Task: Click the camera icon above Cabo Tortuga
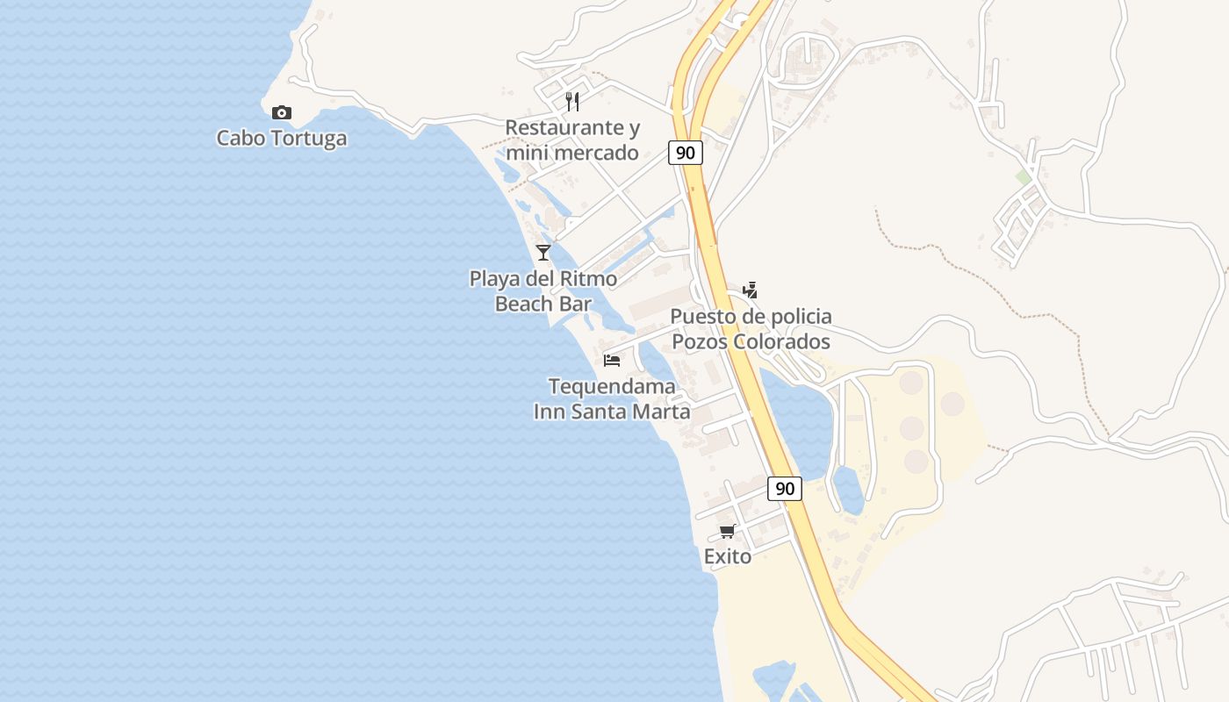click(281, 112)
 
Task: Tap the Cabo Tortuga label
click(281, 139)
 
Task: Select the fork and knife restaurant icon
click(572, 102)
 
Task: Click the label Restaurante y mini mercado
click(572, 140)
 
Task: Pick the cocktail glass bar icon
click(543, 253)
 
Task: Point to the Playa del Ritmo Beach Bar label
click(543, 291)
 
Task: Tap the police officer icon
click(750, 290)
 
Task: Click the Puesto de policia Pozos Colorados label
click(751, 329)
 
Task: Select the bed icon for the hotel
click(612, 361)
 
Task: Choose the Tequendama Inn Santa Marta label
click(612, 399)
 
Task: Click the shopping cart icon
click(727, 532)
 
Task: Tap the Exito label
click(728, 556)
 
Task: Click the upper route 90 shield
click(685, 153)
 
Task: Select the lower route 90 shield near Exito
click(784, 489)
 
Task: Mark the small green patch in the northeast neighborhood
click(1024, 177)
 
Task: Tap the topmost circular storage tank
click(911, 383)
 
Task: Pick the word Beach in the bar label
click(524, 304)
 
